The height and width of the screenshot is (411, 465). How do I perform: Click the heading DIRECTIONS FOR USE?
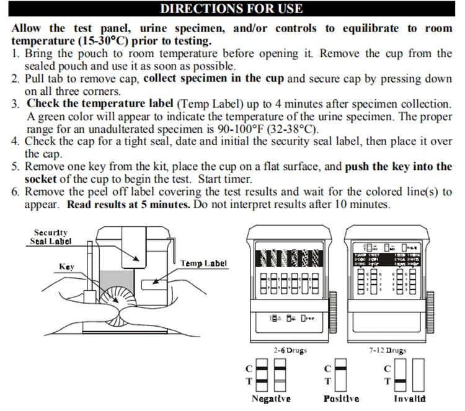(231, 9)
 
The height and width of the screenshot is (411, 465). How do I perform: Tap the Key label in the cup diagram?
(66, 267)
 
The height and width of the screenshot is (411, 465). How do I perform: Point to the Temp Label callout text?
(203, 263)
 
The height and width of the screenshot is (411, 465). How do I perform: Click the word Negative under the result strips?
(271, 398)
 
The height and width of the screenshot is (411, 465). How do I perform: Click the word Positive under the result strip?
(341, 398)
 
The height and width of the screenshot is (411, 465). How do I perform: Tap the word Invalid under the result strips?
(409, 398)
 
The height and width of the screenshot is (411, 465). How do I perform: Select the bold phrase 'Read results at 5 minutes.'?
(129, 205)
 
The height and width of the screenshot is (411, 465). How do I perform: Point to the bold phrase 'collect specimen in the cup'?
(214, 79)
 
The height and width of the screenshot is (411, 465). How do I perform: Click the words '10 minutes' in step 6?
(365, 205)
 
